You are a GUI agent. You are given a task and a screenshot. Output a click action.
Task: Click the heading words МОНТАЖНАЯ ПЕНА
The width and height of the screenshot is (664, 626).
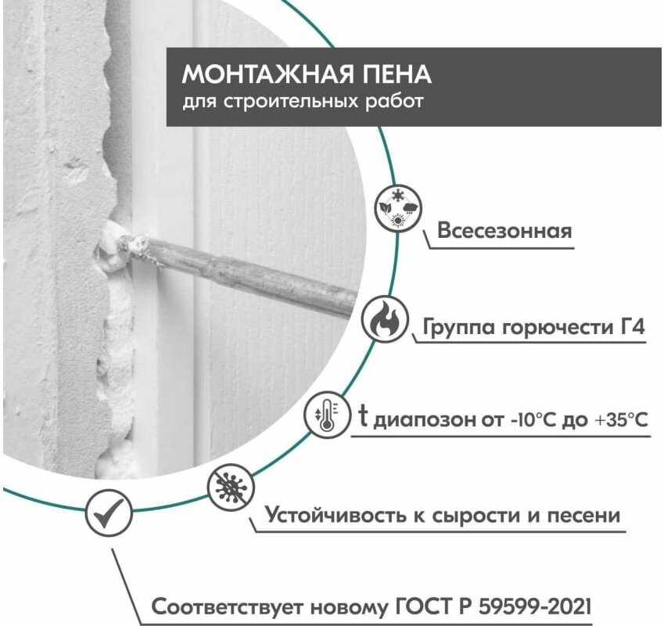click(x=307, y=74)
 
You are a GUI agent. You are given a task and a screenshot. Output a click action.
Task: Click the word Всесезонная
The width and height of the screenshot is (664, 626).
click(x=504, y=232)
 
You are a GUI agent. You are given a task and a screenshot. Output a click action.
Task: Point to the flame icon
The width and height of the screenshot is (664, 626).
click(x=383, y=319)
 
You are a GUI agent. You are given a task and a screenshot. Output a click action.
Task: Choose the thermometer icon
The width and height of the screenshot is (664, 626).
click(x=325, y=414)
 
